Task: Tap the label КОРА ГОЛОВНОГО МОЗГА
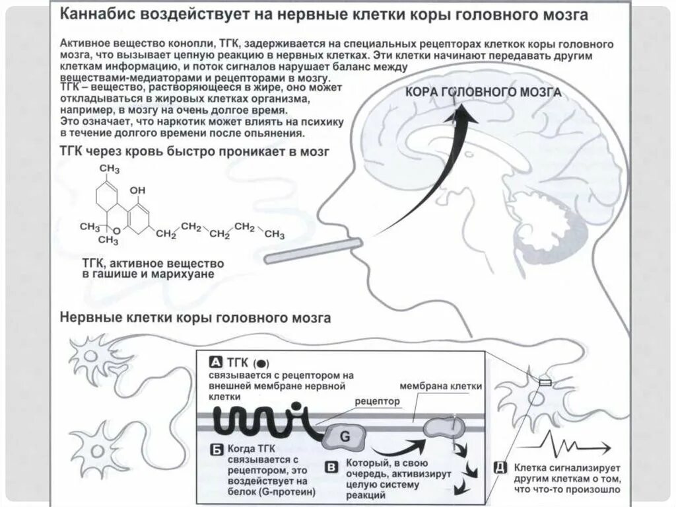pos(483,92)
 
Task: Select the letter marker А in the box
pos(215,362)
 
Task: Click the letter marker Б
pos(216,449)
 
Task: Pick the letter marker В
pos(332,467)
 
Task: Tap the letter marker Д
pos(499,467)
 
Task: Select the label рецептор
pos(378,401)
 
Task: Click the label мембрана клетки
pos(441,386)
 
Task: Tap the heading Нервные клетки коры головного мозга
pos(195,318)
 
